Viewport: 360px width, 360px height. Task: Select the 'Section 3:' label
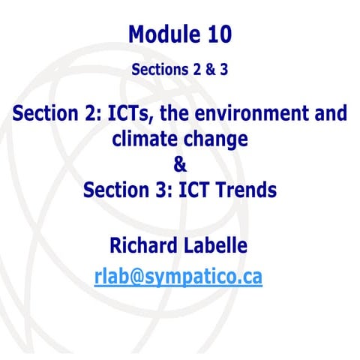[x=125, y=190]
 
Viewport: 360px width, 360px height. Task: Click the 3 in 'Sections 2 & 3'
[x=224, y=70]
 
